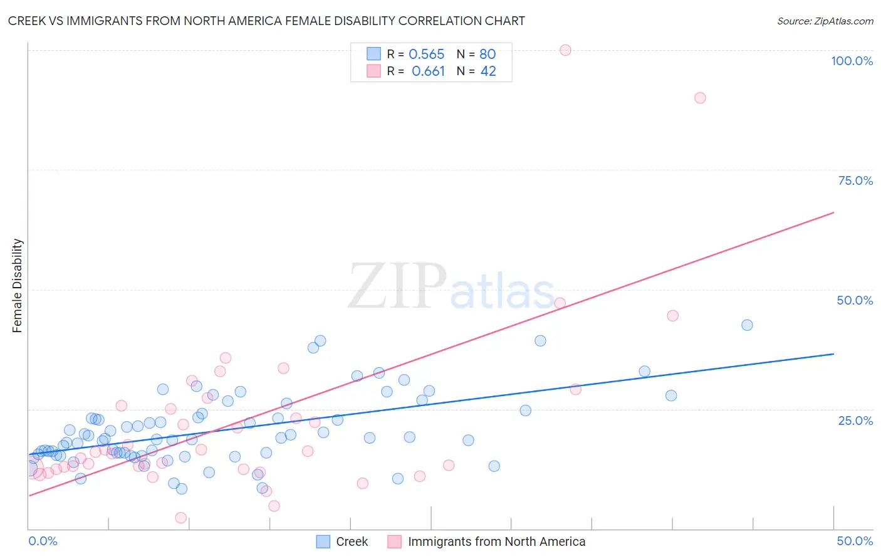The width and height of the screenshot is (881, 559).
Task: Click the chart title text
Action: (266, 21)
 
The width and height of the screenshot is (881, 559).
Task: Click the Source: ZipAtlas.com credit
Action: (825, 21)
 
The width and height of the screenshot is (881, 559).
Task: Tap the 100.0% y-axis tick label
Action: (852, 61)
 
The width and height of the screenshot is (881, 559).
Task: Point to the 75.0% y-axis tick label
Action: (855, 180)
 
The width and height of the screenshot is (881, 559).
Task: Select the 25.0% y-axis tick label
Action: (855, 420)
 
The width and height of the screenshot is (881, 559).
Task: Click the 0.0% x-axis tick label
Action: (43, 541)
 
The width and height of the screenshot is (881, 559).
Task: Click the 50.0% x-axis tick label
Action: (855, 541)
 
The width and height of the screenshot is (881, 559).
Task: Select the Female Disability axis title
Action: (18, 286)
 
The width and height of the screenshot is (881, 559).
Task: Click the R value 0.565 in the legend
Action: (426, 55)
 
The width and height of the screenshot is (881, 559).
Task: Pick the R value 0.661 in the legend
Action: (428, 71)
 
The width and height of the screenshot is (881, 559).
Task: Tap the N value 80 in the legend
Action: (487, 55)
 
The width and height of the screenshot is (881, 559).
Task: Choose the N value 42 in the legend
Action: (488, 71)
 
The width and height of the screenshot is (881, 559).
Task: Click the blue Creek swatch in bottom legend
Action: (323, 541)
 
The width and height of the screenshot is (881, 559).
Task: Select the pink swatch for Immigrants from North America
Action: (394, 541)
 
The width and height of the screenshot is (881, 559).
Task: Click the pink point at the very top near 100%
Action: (565, 50)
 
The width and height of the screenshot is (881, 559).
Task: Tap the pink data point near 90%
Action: (700, 98)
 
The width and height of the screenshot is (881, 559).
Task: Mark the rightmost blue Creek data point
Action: (747, 325)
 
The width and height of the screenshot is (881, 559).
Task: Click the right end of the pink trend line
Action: (833, 213)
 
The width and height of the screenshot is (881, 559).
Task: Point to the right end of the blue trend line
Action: (833, 354)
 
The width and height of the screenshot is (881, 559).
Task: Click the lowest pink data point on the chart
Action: (181, 518)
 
